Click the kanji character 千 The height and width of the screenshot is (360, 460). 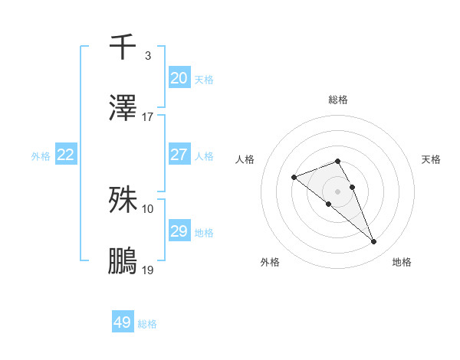pos(123,47)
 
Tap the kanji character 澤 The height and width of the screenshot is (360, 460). pos(123,107)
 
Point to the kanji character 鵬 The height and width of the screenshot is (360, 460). pos(123,260)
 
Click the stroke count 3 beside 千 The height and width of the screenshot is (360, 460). pos(148,56)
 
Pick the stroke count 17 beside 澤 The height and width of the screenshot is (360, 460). pos(148,117)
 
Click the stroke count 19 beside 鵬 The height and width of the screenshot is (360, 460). pos(148,270)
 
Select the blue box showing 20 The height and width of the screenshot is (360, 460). pos(179,78)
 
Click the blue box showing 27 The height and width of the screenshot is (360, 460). pos(179,155)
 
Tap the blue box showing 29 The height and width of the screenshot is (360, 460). pos(179,231)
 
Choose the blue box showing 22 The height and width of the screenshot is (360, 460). pos(66,155)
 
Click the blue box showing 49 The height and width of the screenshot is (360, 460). pos(123,322)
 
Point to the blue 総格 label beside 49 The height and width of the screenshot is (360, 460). pos(147,324)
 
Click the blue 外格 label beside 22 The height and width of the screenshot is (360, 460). pos(41,156)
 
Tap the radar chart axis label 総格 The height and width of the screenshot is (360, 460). pos(337,100)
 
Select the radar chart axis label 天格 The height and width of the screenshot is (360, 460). pos(432,159)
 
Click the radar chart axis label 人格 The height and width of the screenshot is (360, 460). pos(245,159)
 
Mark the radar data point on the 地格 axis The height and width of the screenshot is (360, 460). pos(374,242)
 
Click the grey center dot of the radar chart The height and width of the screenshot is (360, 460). pos(337,191)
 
